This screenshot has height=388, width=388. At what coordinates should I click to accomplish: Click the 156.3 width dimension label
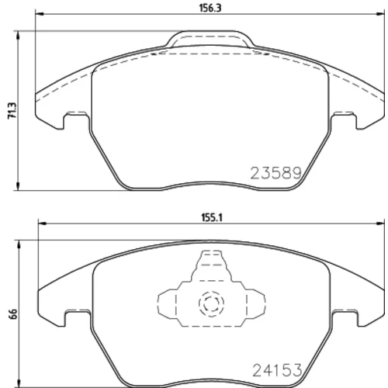coord(210,9)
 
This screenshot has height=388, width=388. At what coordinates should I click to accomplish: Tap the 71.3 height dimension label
coord(12,111)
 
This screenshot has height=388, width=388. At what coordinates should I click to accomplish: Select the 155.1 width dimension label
coord(212,218)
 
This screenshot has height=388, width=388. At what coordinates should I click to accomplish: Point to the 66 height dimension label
coord(13,314)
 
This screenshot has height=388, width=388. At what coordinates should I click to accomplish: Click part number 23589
coord(276,173)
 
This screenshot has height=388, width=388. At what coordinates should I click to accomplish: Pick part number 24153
coord(277,370)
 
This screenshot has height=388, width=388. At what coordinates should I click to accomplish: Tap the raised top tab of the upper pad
coord(210,39)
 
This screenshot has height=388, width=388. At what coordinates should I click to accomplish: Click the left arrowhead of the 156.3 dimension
coord(39,13)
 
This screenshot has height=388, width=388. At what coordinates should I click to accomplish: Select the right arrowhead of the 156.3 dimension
coord(381,13)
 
